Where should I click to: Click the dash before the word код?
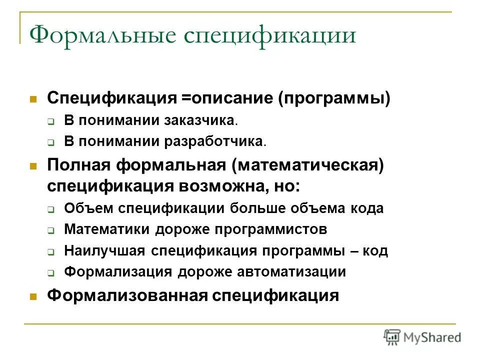coord(354,251)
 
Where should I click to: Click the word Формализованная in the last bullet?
coord(127,295)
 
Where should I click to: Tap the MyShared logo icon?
coord(393,336)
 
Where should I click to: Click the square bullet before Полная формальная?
coord(33,165)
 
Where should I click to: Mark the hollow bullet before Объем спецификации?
coord(51,209)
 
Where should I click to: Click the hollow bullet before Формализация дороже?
coord(51,273)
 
